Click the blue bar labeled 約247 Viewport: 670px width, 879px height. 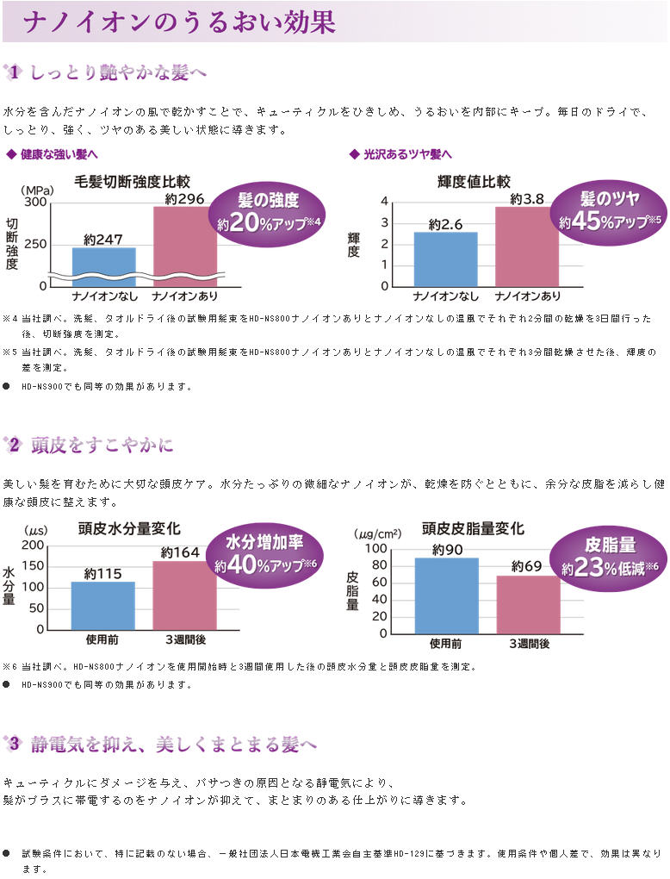pos(103,260)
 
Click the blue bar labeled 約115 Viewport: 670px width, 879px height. pos(102,605)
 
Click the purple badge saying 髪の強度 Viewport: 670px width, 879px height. pos(268,211)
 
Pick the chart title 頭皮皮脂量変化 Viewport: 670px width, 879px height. pos(472,528)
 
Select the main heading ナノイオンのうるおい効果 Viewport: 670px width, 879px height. pos(179,22)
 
